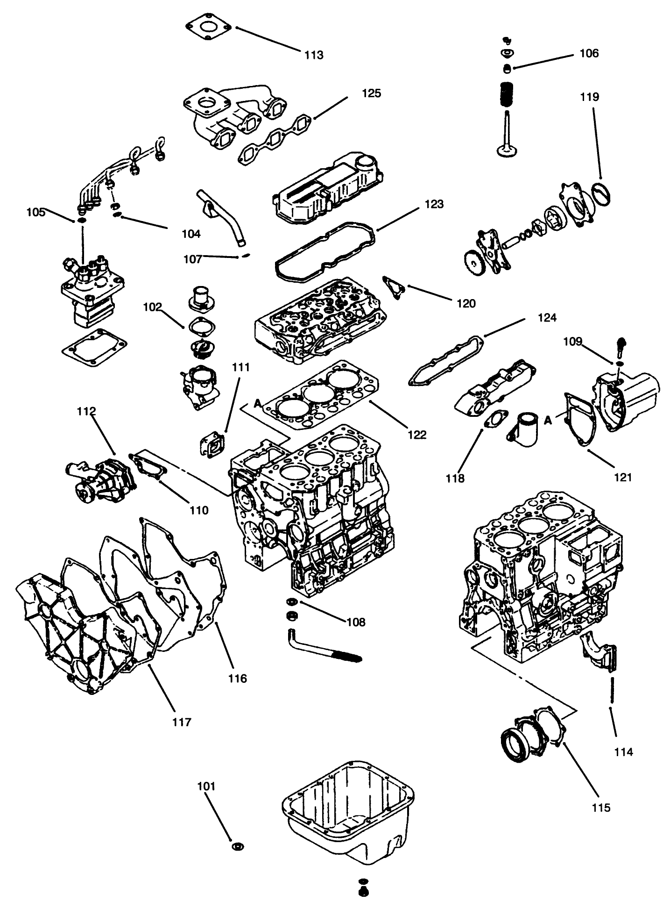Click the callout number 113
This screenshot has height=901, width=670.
point(314,55)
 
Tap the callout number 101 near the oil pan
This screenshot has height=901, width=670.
point(206,786)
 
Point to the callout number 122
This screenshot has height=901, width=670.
point(416,435)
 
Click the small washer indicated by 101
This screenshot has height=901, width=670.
point(238,846)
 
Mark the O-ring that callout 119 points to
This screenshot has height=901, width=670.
point(601,193)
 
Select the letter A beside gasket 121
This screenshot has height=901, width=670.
point(549,421)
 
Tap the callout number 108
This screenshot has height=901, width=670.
point(356,622)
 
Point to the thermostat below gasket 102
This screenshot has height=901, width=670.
point(201,348)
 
